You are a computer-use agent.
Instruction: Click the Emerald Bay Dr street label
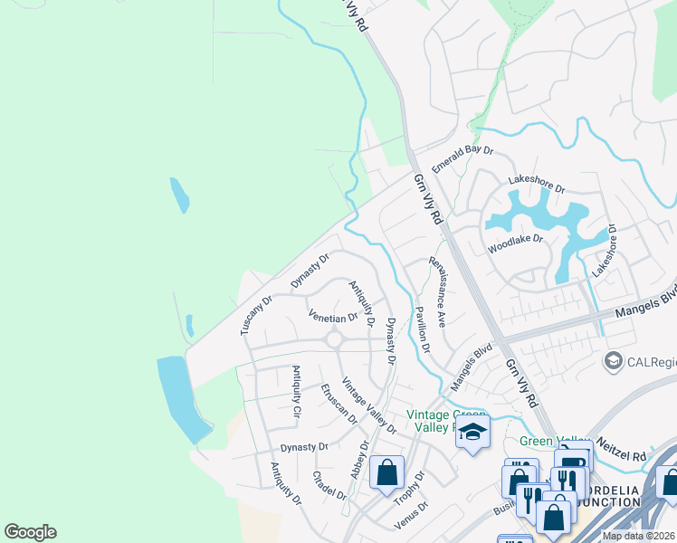[x=463, y=159]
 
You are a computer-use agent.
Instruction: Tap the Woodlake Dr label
[x=515, y=243]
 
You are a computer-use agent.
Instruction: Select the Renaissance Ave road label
[x=438, y=291]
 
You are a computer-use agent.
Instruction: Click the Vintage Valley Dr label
[x=368, y=405]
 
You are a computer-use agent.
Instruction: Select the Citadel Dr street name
[x=329, y=486]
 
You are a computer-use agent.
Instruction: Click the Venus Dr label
[x=409, y=519]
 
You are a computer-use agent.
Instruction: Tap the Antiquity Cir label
[x=296, y=391]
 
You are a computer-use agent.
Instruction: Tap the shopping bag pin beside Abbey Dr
[x=386, y=473]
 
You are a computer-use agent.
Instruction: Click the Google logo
[x=30, y=532]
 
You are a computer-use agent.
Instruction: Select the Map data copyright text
[x=638, y=536]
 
